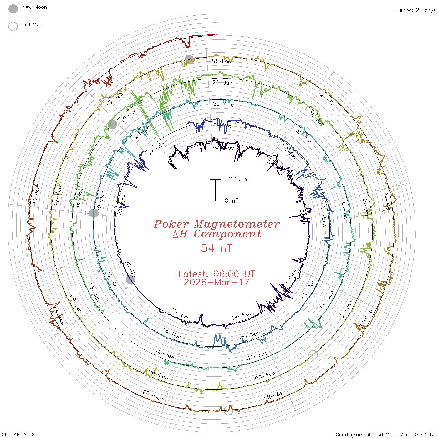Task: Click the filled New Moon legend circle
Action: (13, 9)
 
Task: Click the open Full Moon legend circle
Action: (13, 26)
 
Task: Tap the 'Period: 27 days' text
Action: (416, 10)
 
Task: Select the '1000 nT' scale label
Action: (237, 179)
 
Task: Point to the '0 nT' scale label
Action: (232, 201)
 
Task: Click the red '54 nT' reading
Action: (216, 248)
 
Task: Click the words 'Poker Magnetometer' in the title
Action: (216, 224)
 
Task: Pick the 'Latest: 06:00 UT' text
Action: (216, 274)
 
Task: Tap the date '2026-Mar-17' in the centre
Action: (216, 282)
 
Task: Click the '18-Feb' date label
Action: (221, 61)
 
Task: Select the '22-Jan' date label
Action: (222, 83)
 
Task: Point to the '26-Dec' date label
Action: (223, 104)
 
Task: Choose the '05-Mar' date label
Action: (153, 395)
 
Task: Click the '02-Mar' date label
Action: (274, 395)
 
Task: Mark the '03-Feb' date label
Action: (265, 376)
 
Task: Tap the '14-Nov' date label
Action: (242, 316)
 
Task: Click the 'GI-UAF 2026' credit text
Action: (18, 435)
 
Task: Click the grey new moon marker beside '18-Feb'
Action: (189, 60)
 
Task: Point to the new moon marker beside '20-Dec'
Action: (94, 213)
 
